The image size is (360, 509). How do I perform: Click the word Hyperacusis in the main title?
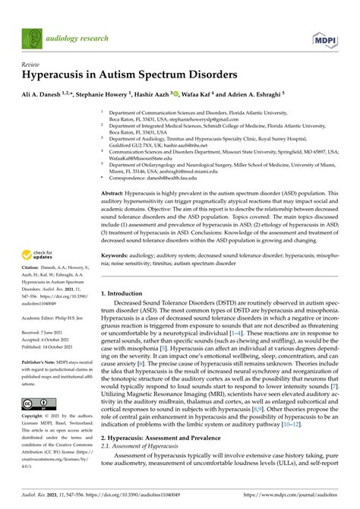[x=51, y=78]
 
